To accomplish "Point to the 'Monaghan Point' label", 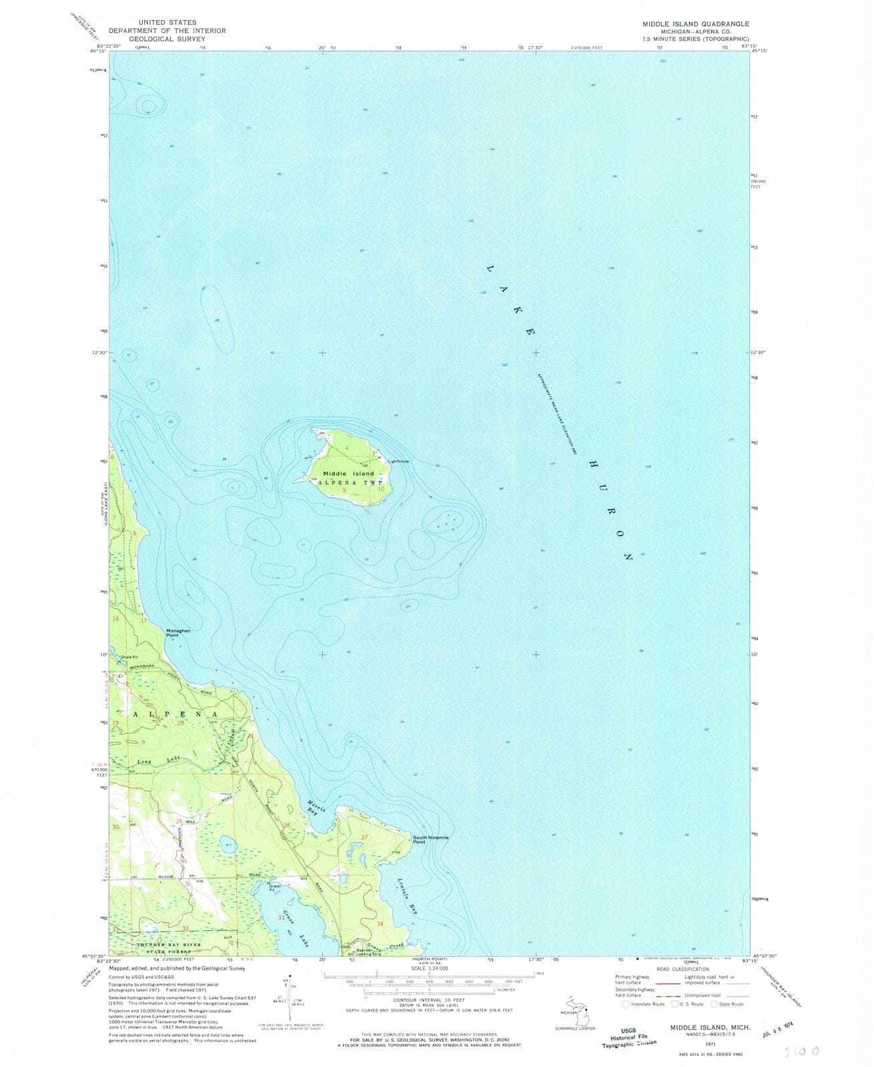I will coord(179,633).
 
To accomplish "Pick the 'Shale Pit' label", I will coord(129,658).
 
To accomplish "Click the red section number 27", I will coord(364,837).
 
